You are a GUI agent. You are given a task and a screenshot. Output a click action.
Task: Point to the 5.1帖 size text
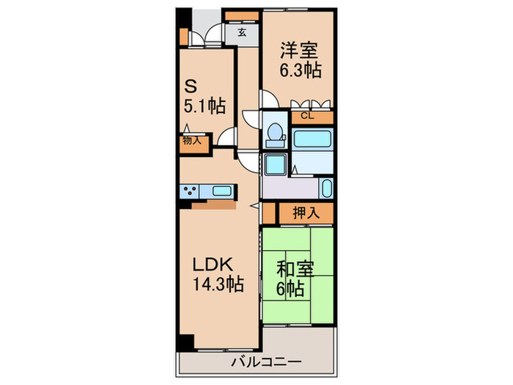pyautogui.click(x=204, y=106)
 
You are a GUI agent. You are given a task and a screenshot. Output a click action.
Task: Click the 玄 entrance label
pyautogui.click(x=241, y=32)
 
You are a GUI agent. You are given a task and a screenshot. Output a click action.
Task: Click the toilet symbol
pyautogui.click(x=276, y=132)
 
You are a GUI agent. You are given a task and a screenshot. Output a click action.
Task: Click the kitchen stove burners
pyautogui.click(x=190, y=192)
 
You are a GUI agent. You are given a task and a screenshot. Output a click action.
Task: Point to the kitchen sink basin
pyautogui.click(x=221, y=192)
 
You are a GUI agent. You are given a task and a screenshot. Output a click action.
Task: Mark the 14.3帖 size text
pyautogui.click(x=218, y=284)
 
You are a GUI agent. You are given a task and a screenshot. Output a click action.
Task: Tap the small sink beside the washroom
pyautogui.click(x=327, y=188)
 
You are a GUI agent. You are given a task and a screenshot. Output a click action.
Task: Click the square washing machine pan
pyautogui.click(x=275, y=164)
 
